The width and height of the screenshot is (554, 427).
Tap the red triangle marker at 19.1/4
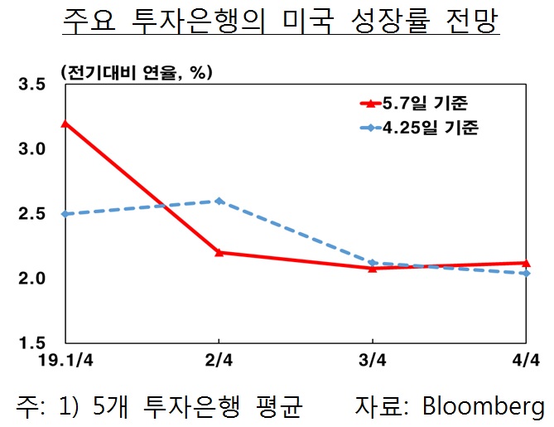pyautogui.click(x=65, y=124)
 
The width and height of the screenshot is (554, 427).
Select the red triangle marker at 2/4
pyautogui.click(x=219, y=251)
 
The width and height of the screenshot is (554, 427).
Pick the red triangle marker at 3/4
pyautogui.click(x=373, y=268)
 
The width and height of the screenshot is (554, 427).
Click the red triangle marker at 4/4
pyautogui.click(x=527, y=263)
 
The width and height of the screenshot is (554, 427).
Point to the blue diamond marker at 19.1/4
pyautogui.click(x=65, y=214)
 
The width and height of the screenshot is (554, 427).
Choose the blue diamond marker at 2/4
pyautogui.click(x=219, y=201)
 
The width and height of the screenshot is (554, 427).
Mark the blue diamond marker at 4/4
pyautogui.click(x=527, y=273)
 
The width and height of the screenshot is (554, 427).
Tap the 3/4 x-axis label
pyautogui.click(x=372, y=362)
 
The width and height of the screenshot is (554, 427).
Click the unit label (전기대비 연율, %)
pyautogui.click(x=137, y=72)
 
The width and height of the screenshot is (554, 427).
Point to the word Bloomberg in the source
pyautogui.click(x=484, y=406)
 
